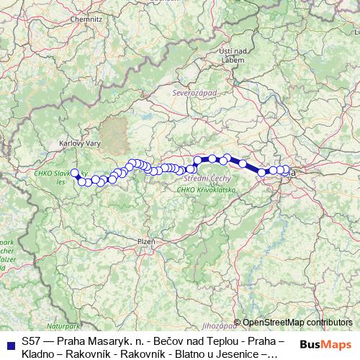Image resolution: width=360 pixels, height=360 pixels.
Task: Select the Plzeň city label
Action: point(145,241)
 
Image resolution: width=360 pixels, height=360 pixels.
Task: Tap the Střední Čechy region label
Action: point(207,177)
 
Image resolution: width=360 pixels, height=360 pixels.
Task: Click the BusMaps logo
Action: point(325,345)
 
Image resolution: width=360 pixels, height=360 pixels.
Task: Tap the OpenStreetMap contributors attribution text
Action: point(297,323)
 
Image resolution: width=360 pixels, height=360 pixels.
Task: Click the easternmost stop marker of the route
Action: point(286,170)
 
